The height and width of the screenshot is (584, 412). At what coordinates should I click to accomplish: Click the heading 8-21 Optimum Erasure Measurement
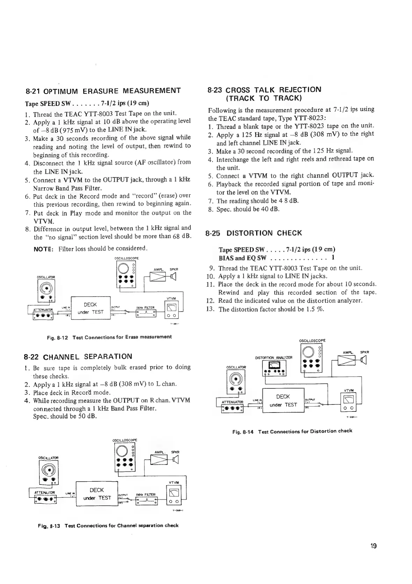click(x=103, y=92)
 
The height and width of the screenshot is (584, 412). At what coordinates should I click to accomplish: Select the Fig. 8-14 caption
click(x=292, y=431)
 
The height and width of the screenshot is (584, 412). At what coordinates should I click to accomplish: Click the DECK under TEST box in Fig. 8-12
click(x=90, y=308)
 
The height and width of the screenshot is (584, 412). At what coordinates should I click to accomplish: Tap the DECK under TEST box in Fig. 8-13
click(x=96, y=494)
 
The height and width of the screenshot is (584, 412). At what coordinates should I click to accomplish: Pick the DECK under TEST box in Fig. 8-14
click(x=283, y=400)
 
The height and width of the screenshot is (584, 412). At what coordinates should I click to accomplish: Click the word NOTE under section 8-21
click(x=43, y=249)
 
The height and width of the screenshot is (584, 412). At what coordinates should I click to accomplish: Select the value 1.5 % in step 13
click(x=317, y=309)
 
